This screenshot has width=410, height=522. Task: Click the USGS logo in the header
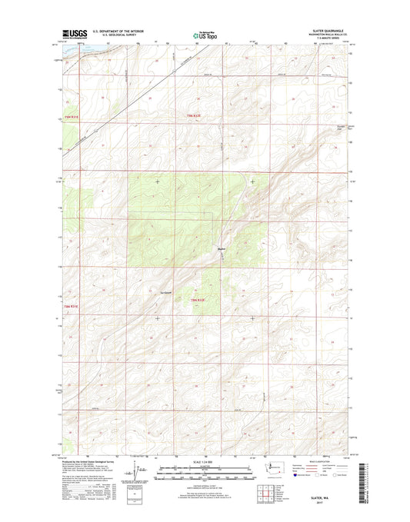click(69, 34)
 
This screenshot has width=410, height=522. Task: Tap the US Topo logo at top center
click(205, 34)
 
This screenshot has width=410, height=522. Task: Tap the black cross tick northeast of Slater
click(253, 181)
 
